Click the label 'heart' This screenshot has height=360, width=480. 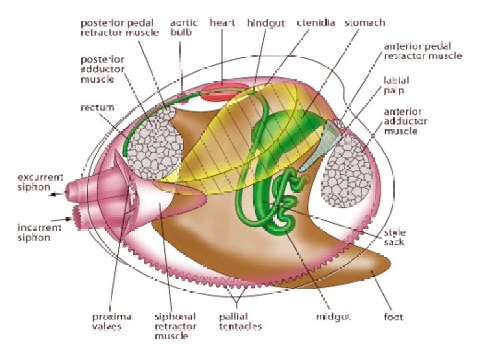222,23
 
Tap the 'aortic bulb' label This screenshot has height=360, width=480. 185,27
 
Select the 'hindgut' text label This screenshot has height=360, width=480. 266,23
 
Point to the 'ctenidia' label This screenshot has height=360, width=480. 316,23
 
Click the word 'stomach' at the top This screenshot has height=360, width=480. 364,23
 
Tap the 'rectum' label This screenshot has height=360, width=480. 98,107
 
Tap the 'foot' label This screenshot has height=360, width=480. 394,317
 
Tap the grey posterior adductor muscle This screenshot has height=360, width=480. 155,141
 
